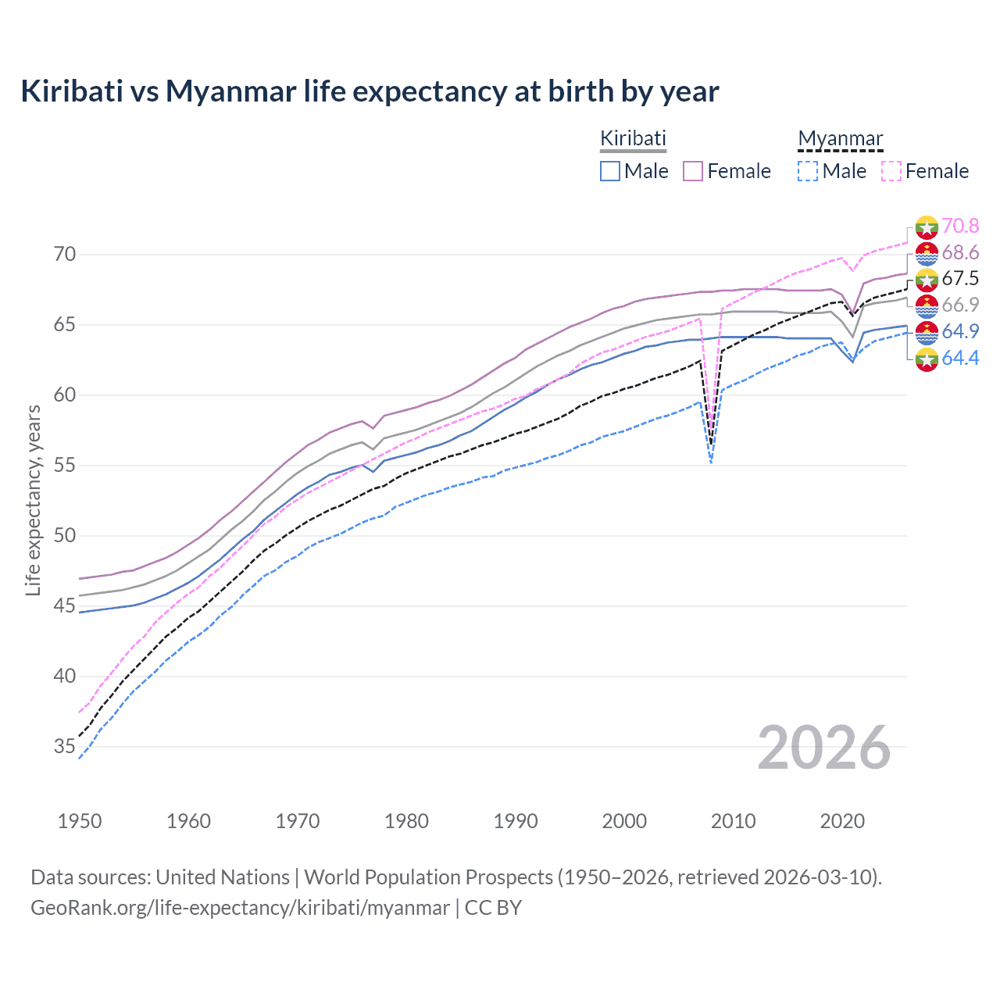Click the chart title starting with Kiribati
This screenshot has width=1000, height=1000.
(370, 91)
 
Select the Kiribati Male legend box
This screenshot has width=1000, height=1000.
(610, 171)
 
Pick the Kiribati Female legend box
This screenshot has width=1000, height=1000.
(693, 171)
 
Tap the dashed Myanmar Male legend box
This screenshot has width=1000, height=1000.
(808, 171)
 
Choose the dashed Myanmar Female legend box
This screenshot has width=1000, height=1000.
(891, 171)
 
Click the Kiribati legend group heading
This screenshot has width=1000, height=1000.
(633, 138)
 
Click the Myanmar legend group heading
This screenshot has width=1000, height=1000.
(840, 138)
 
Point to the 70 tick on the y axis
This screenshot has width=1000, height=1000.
(65, 255)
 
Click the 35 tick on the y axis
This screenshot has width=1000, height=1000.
(65, 747)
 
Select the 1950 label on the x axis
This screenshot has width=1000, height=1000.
(80, 821)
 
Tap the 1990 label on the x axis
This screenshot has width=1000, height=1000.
(516, 821)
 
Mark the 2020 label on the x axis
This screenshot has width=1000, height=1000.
(842, 821)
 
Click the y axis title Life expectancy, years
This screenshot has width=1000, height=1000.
(33, 500)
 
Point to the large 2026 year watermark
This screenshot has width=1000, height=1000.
(824, 748)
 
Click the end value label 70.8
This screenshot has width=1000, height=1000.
(960, 227)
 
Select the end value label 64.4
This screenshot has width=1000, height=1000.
(960, 359)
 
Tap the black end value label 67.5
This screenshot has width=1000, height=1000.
(960, 279)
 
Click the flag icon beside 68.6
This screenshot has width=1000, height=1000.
(927, 253)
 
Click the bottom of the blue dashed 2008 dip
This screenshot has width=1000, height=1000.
(711, 462)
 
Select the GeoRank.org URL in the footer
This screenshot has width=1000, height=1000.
(240, 908)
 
